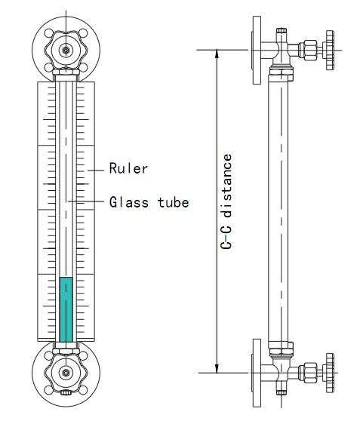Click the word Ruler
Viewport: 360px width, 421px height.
(x=128, y=168)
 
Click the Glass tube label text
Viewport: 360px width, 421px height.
(x=149, y=201)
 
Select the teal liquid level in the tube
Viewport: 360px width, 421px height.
(x=66, y=309)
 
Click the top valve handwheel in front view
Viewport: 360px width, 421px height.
(x=66, y=50)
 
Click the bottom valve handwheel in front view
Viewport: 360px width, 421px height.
(x=66, y=373)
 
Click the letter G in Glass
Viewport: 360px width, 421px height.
(x=113, y=201)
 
